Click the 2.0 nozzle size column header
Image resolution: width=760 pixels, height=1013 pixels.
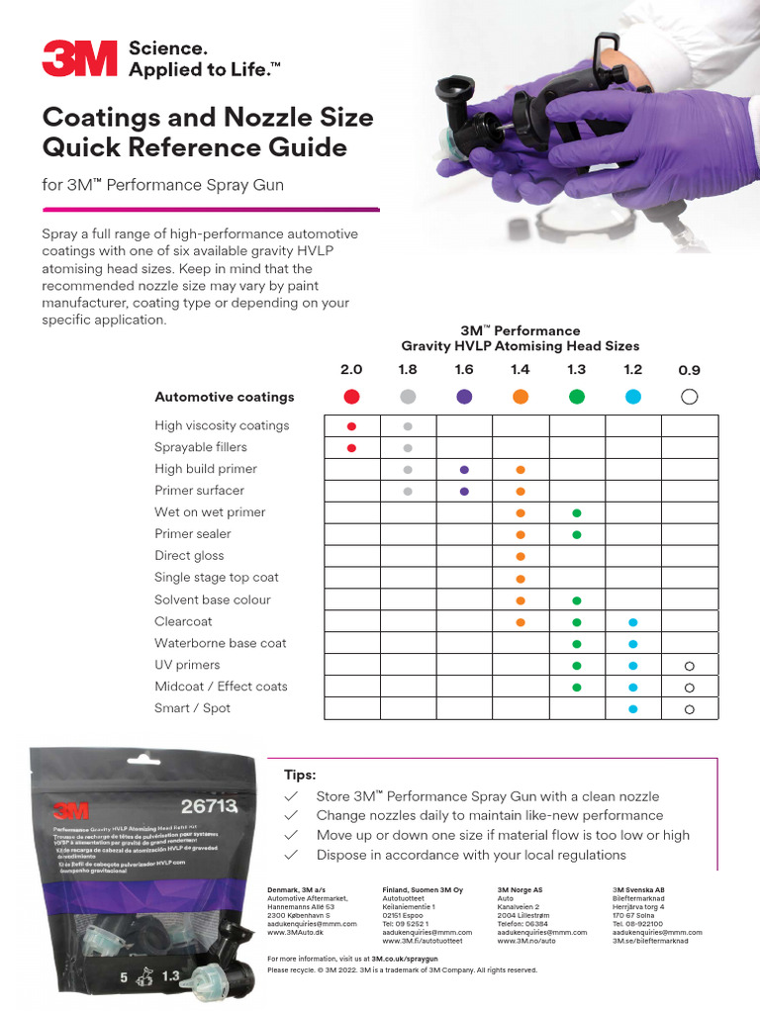pos(351,370)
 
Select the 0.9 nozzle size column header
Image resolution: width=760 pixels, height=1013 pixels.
pos(690,370)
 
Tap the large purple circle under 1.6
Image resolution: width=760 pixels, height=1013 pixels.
pos(464,397)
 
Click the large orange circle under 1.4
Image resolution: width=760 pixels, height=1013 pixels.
pos(521,397)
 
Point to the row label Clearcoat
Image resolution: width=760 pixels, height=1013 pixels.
pos(183,621)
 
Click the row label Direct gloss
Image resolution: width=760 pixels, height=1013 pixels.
pos(189,556)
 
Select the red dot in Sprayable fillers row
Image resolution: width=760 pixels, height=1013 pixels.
pos(351,447)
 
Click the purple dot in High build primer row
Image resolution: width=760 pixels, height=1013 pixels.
pos(464,469)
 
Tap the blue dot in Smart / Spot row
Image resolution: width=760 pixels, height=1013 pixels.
pos(633,708)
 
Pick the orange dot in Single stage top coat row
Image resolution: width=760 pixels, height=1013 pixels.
pos(521,578)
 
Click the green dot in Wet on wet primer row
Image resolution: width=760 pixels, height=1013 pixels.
pos(577,512)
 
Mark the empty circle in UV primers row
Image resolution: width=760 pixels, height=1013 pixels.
pos(690,665)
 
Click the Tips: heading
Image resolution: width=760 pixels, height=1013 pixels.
pos(300,776)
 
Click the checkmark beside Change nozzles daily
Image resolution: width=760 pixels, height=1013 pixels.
pos(291,815)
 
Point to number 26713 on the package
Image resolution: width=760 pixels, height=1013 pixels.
pos(209,806)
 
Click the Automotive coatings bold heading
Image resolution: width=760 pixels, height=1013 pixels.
pos(225,397)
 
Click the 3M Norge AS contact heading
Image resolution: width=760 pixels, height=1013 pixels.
pos(520,890)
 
